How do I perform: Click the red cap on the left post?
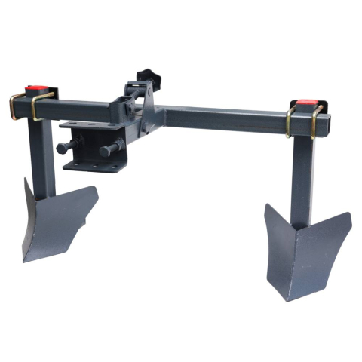[35, 90]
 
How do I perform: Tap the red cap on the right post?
[305, 102]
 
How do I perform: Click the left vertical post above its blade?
[43, 162]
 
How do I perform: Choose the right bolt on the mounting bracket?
[114, 145]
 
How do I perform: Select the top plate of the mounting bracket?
[90, 124]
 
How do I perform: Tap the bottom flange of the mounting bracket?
[90, 164]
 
